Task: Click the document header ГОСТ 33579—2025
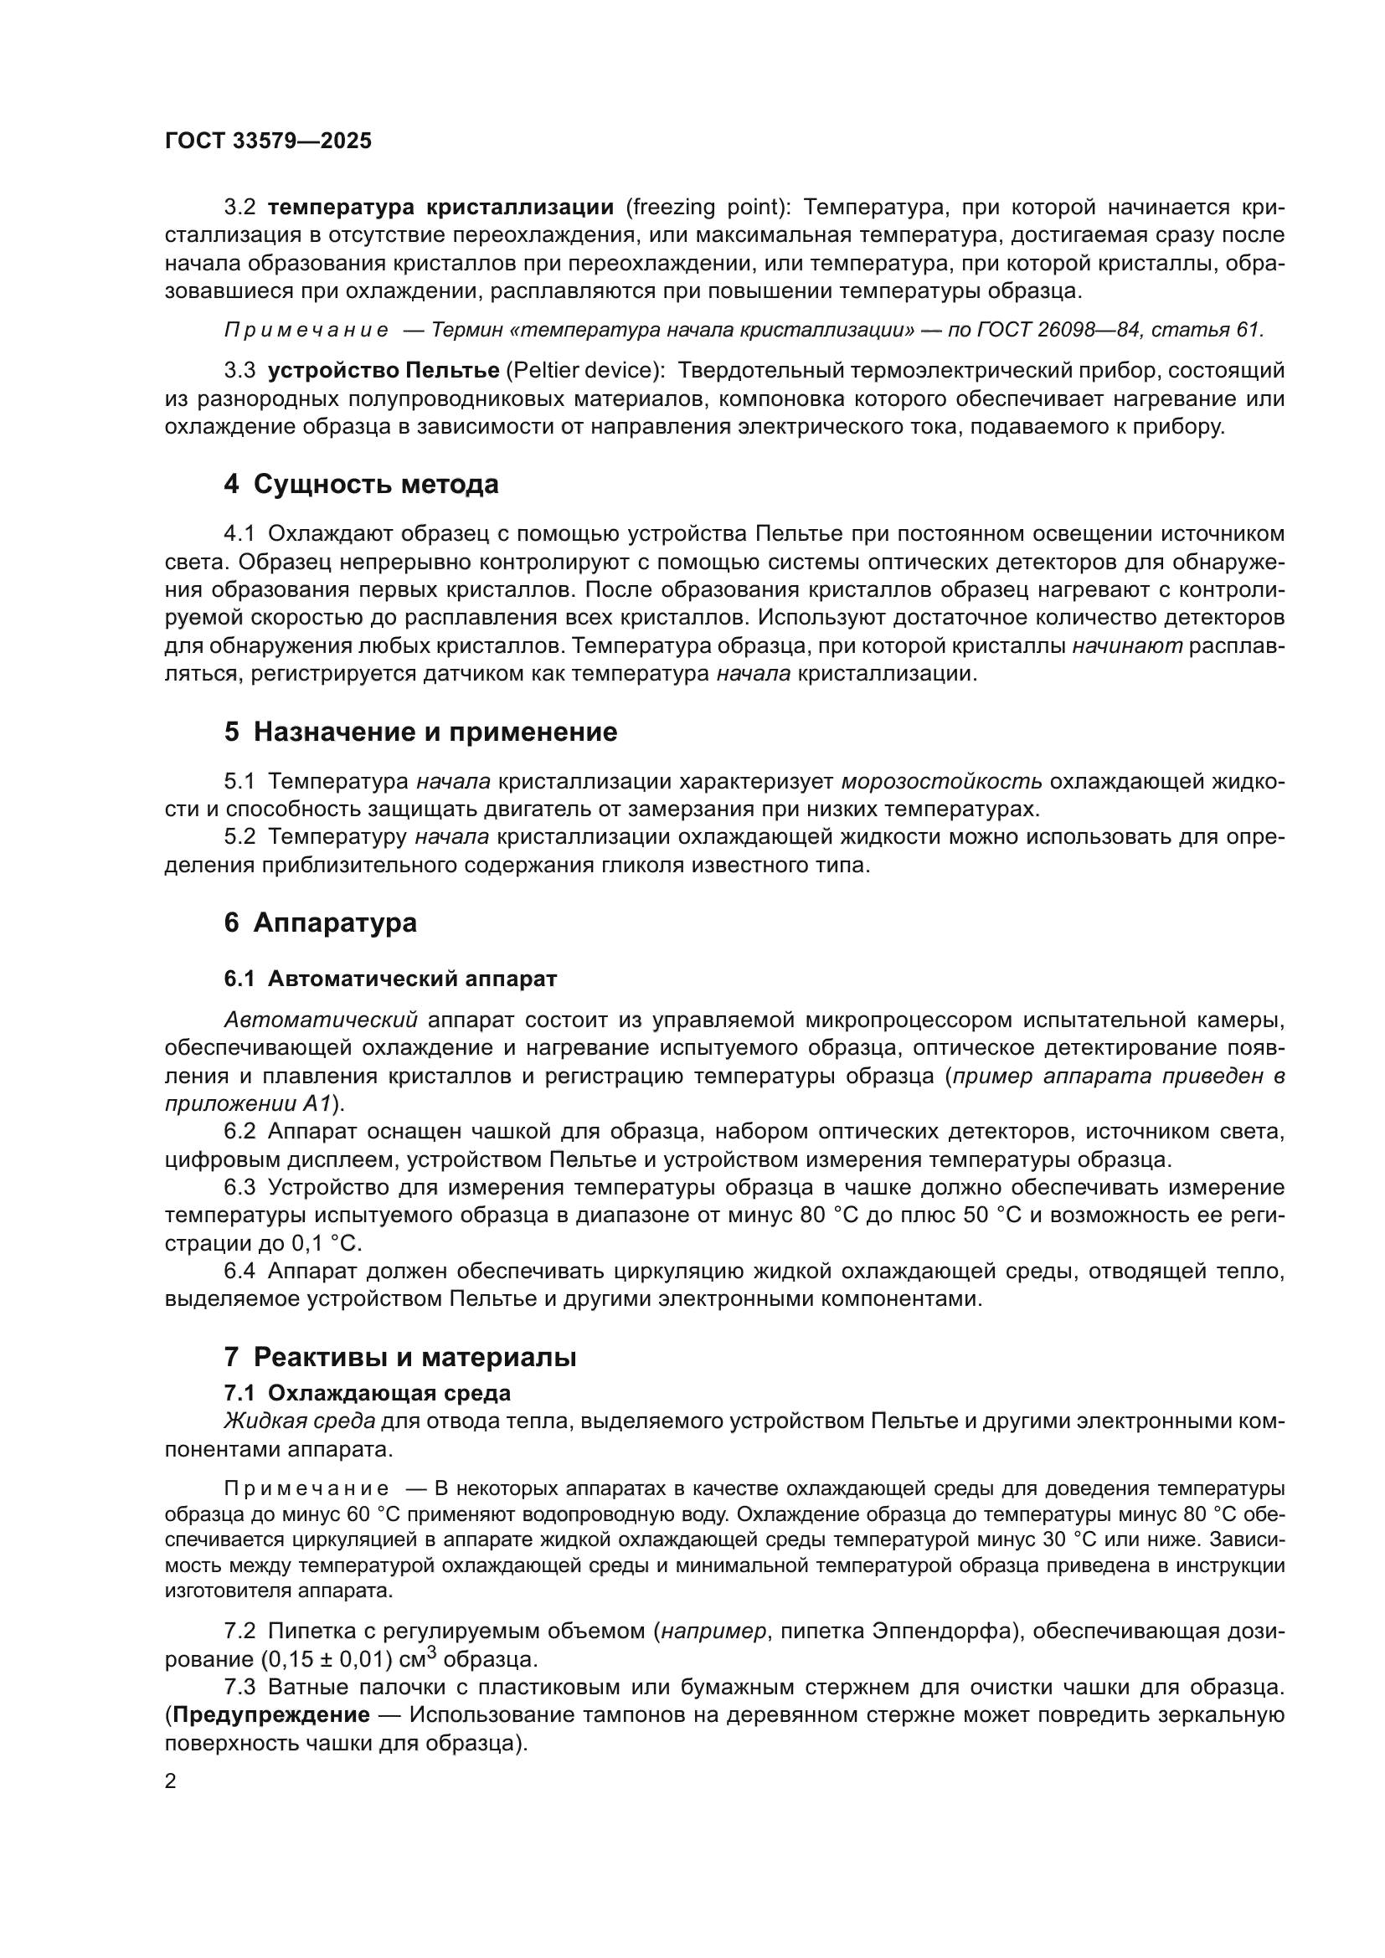pyautogui.click(x=268, y=141)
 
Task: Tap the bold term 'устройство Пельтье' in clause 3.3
pyautogui.click(x=383, y=371)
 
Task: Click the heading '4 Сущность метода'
pyautogui.click(x=361, y=485)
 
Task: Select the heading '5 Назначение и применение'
pyautogui.click(x=420, y=732)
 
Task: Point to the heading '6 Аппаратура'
pyautogui.click(x=321, y=922)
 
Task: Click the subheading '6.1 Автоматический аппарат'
pyautogui.click(x=389, y=979)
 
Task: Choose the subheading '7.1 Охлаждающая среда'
pyautogui.click(x=367, y=1393)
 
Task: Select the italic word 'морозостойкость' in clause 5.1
pyautogui.click(x=940, y=781)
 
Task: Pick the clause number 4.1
pyautogui.click(x=239, y=534)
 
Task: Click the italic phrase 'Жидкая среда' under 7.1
pyautogui.click(x=298, y=1421)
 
